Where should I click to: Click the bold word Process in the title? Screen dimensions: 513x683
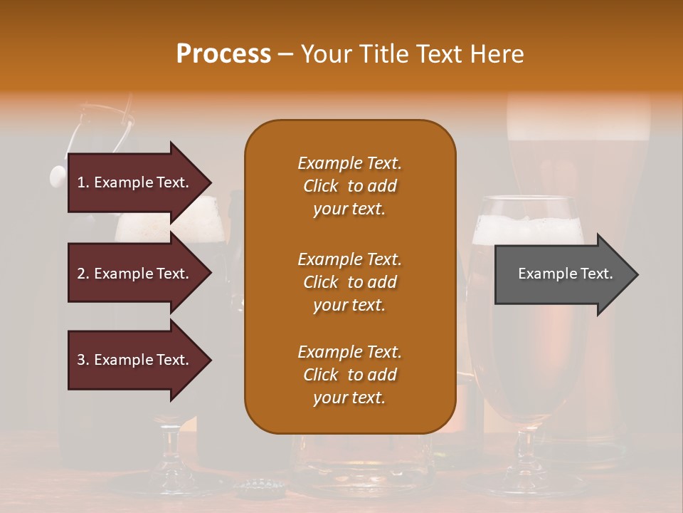click(223, 54)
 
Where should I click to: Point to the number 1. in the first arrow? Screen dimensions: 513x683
click(83, 182)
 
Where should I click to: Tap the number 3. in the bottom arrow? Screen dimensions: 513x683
click(83, 360)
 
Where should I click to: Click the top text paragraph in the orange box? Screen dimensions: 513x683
click(349, 186)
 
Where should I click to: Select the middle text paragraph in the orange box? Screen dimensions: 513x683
click(349, 282)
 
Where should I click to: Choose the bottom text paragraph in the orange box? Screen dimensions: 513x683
click(349, 375)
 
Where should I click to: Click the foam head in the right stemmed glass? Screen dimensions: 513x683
click(528, 227)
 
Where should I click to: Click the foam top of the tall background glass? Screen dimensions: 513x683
click(578, 118)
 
